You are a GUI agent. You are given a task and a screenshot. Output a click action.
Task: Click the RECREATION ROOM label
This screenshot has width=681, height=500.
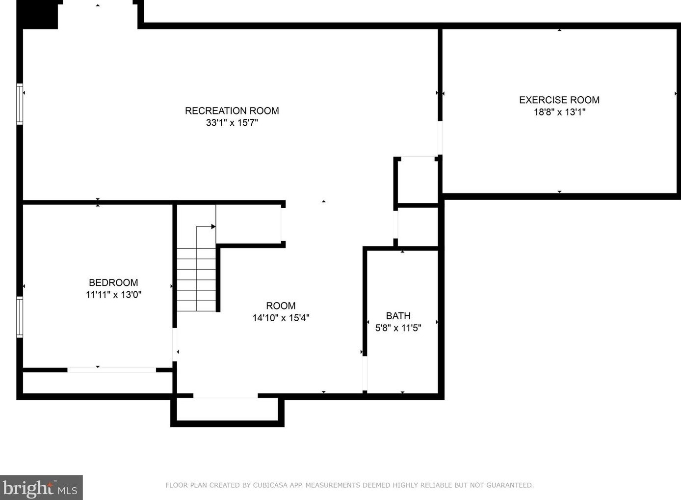click(232, 111)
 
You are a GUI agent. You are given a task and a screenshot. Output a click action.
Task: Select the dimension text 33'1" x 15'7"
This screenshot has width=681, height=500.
click(232, 123)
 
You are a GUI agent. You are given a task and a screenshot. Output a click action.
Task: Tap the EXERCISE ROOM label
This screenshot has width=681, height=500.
click(559, 100)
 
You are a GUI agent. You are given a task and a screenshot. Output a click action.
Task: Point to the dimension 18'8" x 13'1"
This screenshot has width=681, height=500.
click(559, 112)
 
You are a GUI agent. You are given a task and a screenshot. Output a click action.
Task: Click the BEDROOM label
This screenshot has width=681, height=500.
click(113, 283)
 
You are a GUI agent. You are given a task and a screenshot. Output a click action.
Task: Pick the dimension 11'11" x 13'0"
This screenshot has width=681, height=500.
click(113, 295)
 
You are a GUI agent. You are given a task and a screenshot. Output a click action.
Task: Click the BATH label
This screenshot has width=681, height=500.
click(398, 316)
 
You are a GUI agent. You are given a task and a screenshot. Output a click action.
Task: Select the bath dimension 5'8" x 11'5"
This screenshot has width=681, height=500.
click(398, 328)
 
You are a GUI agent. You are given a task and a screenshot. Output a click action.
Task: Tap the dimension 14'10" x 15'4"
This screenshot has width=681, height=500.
click(281, 318)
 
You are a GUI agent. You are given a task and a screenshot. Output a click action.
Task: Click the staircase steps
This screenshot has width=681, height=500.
click(196, 280)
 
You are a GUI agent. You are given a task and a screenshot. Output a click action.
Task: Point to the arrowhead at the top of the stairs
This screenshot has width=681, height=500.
click(213, 226)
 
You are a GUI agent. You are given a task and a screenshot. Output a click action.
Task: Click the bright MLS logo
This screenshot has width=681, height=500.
click(41, 488)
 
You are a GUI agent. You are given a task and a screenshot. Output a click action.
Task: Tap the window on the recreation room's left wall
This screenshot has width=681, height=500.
click(20, 104)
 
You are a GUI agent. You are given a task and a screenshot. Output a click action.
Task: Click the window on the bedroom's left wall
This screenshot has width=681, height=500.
click(20, 317)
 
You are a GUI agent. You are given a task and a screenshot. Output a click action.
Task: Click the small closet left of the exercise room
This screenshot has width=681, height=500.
click(416, 180)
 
